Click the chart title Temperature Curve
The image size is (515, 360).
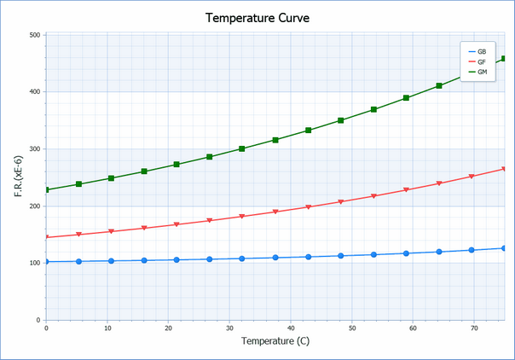pyautogui.click(x=257, y=17)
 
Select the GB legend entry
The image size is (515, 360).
pyautogui.click(x=483, y=51)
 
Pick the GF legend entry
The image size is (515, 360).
pyautogui.click(x=483, y=61)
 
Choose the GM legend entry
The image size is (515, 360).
pyautogui.click(x=483, y=72)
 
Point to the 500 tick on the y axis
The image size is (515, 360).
pyautogui.click(x=35, y=35)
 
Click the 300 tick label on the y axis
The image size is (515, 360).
pyautogui.click(x=35, y=149)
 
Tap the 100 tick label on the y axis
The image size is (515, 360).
pyautogui.click(x=35, y=263)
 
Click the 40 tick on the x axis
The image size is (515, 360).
pyautogui.click(x=291, y=328)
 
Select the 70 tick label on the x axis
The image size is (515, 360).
pyautogui.click(x=474, y=328)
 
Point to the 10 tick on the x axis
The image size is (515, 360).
pyautogui.click(x=107, y=328)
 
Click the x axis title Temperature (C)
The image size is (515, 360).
pyautogui.click(x=275, y=342)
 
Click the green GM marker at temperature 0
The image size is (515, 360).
pyautogui.click(x=46, y=189)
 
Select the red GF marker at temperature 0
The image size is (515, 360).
pyautogui.click(x=46, y=237)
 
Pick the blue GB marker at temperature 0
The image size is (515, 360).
pyautogui.click(x=46, y=262)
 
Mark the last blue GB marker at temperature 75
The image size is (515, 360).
pyautogui.click(x=504, y=248)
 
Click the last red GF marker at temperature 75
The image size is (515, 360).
pyautogui.click(x=504, y=169)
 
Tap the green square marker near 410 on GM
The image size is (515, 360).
pyautogui.click(x=439, y=86)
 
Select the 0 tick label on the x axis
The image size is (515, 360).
pyautogui.click(x=46, y=328)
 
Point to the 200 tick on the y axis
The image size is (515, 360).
pyautogui.click(x=35, y=206)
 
